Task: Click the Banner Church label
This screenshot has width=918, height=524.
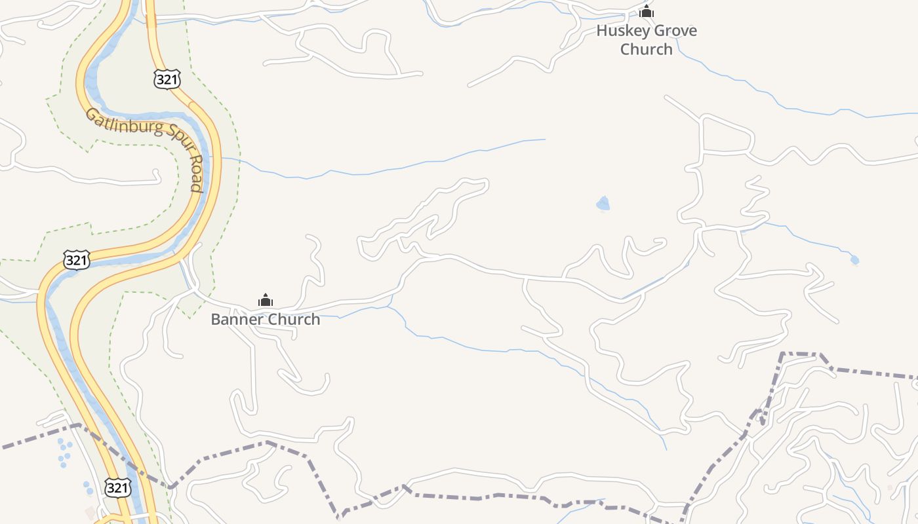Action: click(266, 319)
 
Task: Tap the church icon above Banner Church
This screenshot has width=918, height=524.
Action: click(266, 300)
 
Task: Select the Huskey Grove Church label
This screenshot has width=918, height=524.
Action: click(647, 39)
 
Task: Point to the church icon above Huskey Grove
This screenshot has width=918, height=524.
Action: click(647, 11)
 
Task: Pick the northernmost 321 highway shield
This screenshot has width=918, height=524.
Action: click(167, 79)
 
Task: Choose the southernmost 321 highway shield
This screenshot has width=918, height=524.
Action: click(117, 487)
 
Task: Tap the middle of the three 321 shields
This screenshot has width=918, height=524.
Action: click(76, 260)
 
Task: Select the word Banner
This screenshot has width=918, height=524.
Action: click(233, 319)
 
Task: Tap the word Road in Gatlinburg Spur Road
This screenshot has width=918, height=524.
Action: click(195, 174)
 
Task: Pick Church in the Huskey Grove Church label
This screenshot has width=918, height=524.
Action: click(647, 49)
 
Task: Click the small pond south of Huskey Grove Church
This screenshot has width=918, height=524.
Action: click(603, 204)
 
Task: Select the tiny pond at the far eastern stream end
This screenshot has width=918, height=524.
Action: click(854, 260)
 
